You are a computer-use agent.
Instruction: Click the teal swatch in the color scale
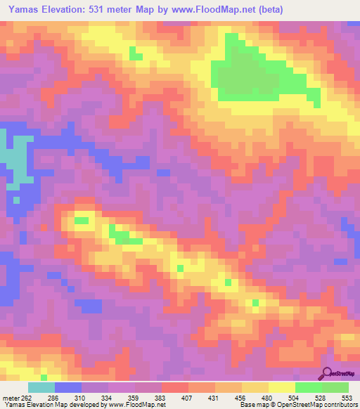[41, 388]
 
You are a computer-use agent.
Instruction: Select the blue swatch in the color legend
[68, 388]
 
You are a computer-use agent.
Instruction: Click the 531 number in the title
[116, 10]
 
